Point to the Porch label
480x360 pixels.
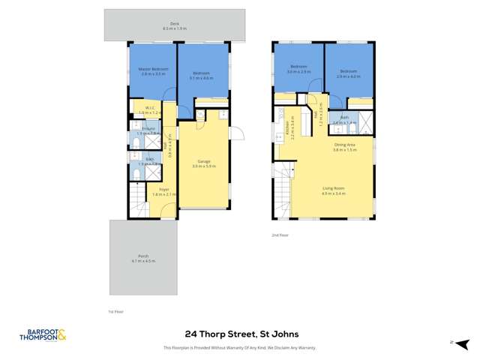point(143,258)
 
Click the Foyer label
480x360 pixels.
point(163,191)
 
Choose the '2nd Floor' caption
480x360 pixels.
point(280,235)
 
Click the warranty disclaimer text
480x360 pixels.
point(239,348)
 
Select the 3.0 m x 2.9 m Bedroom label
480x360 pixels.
point(298,69)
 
